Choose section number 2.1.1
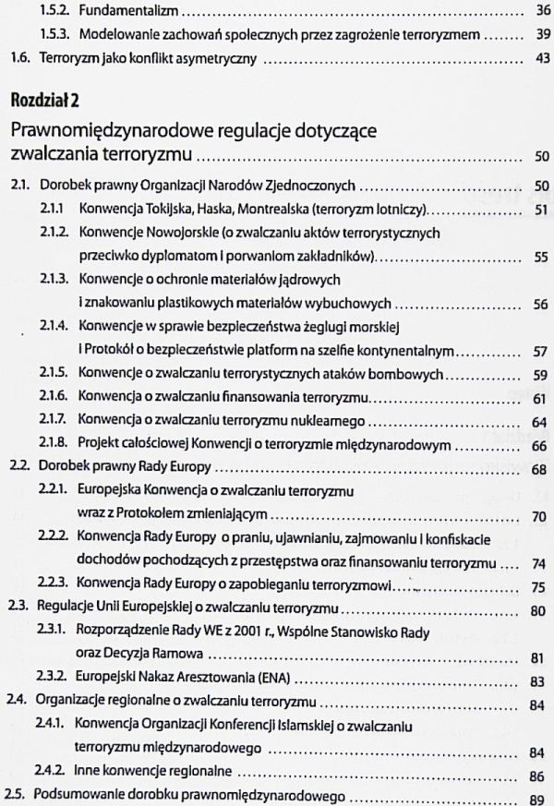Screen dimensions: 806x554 (52, 210)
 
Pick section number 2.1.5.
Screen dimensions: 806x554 (53, 376)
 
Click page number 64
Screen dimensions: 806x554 (541, 422)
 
